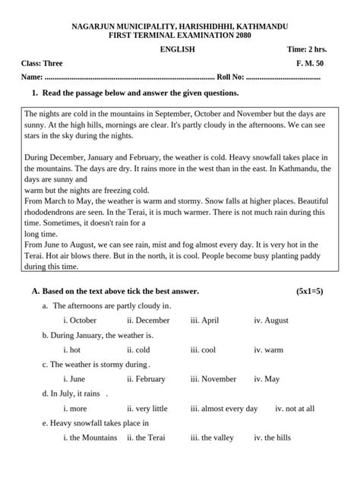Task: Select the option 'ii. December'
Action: (x=148, y=321)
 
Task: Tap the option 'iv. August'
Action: (x=271, y=321)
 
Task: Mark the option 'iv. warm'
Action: (x=268, y=349)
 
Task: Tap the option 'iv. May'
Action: (x=267, y=379)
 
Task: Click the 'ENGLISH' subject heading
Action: (x=178, y=49)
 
